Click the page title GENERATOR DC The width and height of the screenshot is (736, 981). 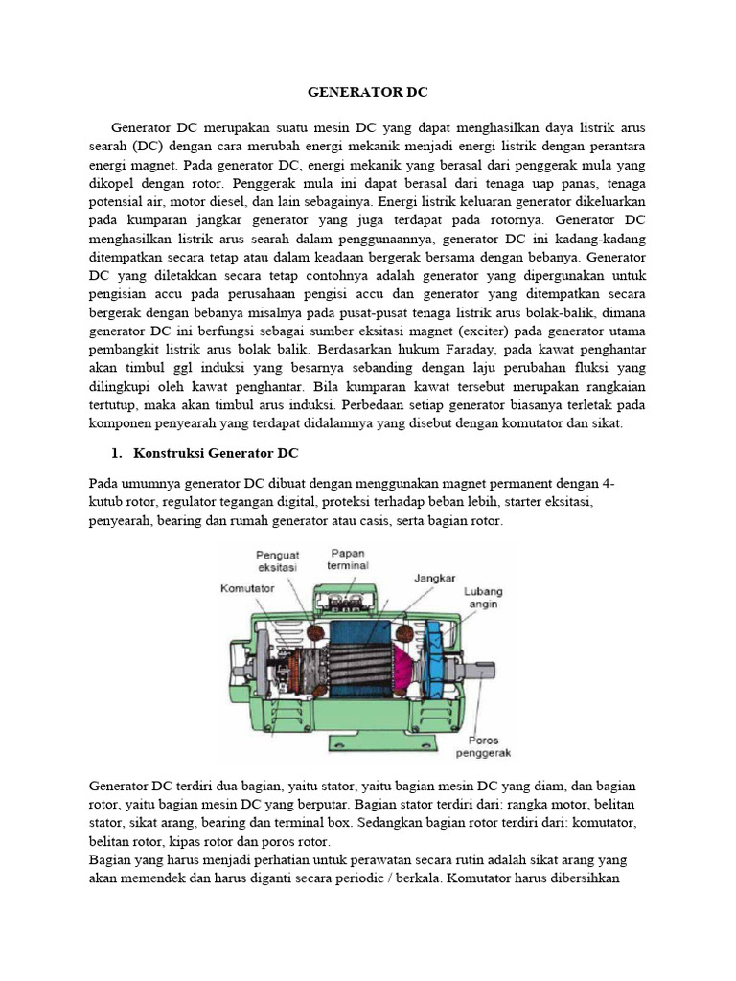[x=368, y=93]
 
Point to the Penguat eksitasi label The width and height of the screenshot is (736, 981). [x=279, y=560]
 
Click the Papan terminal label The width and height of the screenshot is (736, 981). [x=347, y=559]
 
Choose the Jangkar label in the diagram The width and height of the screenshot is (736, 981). [x=434, y=579]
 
